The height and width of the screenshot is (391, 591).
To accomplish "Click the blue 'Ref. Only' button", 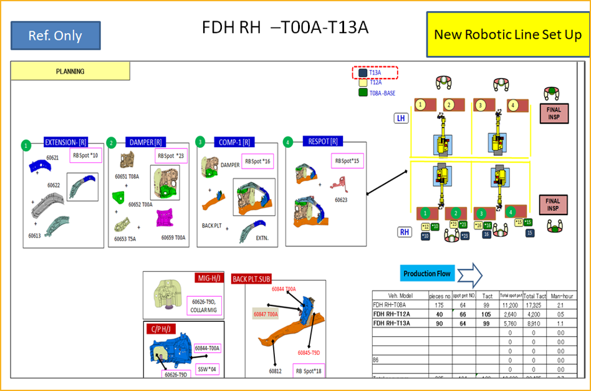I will tap(55, 36).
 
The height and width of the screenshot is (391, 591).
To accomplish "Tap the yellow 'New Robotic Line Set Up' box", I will tap(507, 34).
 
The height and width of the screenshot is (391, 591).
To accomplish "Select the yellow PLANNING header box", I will tap(70, 71).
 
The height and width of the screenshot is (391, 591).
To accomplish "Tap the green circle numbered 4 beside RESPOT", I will tap(287, 142).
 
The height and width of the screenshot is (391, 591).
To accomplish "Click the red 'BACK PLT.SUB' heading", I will tap(252, 279).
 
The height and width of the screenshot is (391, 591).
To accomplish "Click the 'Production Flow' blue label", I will tap(427, 274).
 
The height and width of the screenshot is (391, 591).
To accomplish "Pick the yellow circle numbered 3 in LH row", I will tap(480, 105).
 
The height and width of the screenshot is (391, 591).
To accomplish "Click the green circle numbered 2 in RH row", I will tap(456, 213).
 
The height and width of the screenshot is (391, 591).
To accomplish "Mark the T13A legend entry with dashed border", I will tap(375, 73).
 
